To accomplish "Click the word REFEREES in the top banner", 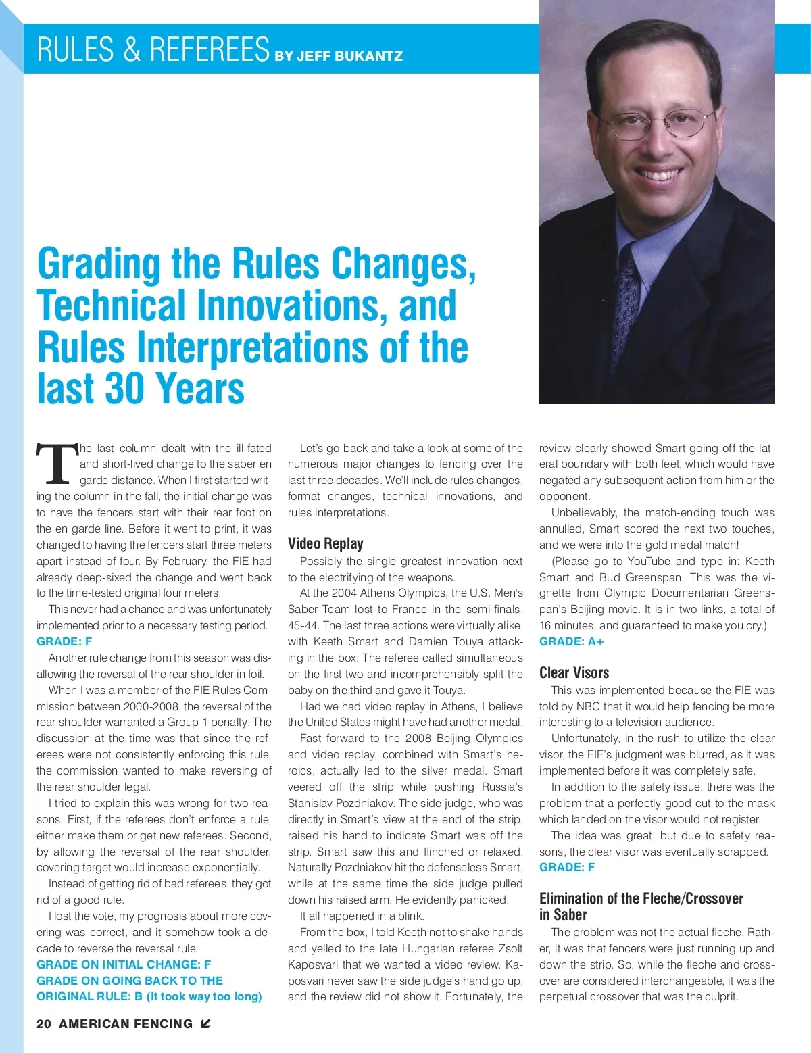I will pos(210,49).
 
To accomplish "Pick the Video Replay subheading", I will pos(325,544).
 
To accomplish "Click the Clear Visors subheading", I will pos(574,672).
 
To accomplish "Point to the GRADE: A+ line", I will pos(571,641).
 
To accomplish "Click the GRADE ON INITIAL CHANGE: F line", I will pos(124,964).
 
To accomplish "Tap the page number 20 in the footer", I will pos(44,1023).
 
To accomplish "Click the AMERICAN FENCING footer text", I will pos(126,1023).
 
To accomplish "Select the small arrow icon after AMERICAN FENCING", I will pos(205,1023).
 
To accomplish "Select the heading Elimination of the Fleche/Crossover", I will pos(641,898).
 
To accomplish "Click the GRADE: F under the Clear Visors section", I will pos(566,867).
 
